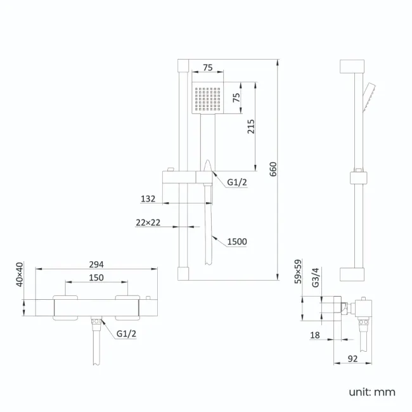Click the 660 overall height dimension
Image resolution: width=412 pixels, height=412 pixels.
click(x=273, y=170)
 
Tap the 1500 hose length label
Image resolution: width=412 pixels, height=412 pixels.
click(x=236, y=241)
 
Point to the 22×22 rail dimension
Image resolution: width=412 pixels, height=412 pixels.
click(x=148, y=222)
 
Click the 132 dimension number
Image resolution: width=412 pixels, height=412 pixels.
click(x=148, y=199)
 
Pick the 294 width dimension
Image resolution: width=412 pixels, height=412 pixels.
click(x=96, y=264)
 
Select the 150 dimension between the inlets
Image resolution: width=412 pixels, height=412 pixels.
click(x=96, y=278)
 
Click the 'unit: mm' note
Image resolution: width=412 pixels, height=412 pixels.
click(x=371, y=392)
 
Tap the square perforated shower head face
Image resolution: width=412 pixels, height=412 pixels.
click(x=207, y=99)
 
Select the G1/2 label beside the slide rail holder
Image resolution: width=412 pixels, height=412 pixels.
click(x=238, y=183)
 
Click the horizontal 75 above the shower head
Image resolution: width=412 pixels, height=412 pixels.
click(x=207, y=68)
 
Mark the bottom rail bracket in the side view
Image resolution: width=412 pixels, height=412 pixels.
click(x=352, y=274)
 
